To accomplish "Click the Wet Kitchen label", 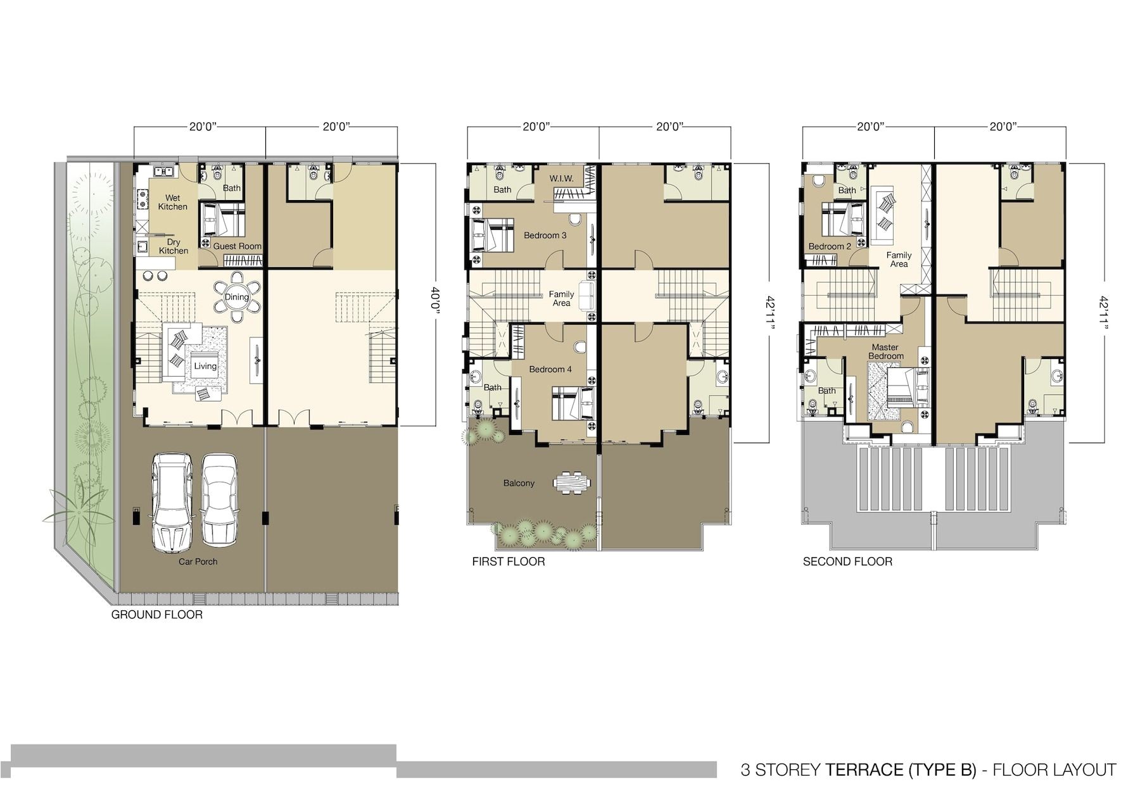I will pyautogui.click(x=172, y=203).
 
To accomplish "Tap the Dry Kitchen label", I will pyautogui.click(x=174, y=246).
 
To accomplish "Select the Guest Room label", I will pyautogui.click(x=237, y=246).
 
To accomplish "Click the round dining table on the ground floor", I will pyautogui.click(x=237, y=297).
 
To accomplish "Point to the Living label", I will pyautogui.click(x=205, y=366).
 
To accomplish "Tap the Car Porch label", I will pyautogui.click(x=198, y=562).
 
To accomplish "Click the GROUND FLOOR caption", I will pyautogui.click(x=157, y=615).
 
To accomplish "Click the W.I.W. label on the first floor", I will pyautogui.click(x=561, y=179).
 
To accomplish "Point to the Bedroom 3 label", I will pyautogui.click(x=545, y=236).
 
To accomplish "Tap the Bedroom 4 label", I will pyautogui.click(x=550, y=369).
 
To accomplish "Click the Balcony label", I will pyautogui.click(x=519, y=483).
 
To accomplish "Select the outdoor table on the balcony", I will pyautogui.click(x=571, y=483).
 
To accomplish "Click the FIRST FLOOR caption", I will pyautogui.click(x=508, y=562).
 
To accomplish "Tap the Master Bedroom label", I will pyautogui.click(x=885, y=351).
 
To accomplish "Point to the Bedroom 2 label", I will pyautogui.click(x=829, y=246).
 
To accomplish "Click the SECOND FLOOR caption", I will pyautogui.click(x=847, y=562).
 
